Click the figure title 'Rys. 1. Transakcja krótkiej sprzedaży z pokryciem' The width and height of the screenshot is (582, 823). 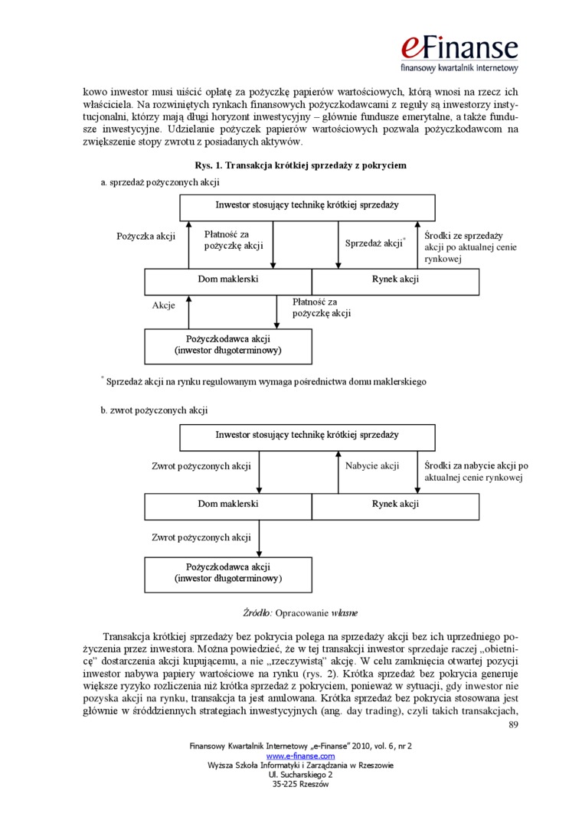[x=300, y=165]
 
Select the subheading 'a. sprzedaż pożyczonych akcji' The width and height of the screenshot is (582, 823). [x=160, y=182]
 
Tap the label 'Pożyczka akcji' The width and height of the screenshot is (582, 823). [x=146, y=237]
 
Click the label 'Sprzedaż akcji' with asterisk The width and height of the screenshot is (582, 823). [x=374, y=243]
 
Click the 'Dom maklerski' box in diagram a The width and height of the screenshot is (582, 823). [x=228, y=279]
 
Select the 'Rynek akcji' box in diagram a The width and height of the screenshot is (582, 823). [x=395, y=279]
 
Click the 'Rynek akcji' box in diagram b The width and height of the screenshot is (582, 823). [x=395, y=504]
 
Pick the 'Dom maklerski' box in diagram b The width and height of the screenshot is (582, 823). [x=228, y=504]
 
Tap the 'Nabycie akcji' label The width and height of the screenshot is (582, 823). [x=372, y=465]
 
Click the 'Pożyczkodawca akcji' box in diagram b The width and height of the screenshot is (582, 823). [x=228, y=573]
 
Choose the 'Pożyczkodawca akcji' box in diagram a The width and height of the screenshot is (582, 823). [x=228, y=345]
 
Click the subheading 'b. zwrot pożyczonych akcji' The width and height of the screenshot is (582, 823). [x=154, y=410]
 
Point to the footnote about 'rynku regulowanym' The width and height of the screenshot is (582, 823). [x=265, y=381]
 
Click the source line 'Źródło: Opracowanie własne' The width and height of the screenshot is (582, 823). [x=300, y=613]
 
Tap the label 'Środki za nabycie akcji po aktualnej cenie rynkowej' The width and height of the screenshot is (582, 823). [x=476, y=471]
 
